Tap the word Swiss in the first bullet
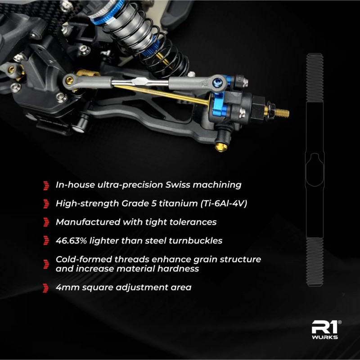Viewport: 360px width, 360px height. click(178, 185)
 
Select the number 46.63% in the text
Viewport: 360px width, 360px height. click(71, 240)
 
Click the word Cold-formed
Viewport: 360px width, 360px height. click(84, 259)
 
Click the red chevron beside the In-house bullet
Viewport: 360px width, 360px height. click(46, 186)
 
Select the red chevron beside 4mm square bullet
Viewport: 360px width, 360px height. click(46, 288)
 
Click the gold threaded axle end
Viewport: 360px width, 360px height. click(282, 113)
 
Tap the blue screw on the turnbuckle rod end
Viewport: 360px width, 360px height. click(216, 81)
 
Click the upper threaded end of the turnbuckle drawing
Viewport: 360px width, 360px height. click(315, 78)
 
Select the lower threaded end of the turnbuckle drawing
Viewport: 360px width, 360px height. click(315, 262)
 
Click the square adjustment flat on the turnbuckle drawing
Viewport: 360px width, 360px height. click(315, 170)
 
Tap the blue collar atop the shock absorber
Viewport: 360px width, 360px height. click(107, 13)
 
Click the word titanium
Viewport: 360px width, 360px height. click(178, 204)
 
